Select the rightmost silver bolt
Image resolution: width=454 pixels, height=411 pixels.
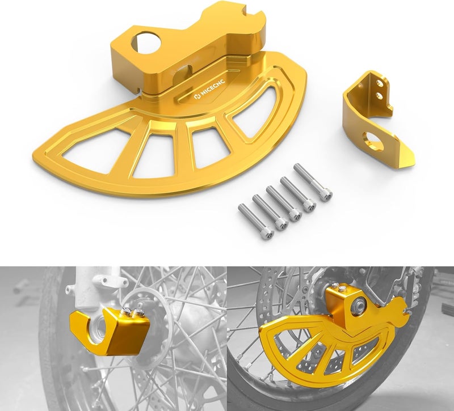[x=312, y=181]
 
